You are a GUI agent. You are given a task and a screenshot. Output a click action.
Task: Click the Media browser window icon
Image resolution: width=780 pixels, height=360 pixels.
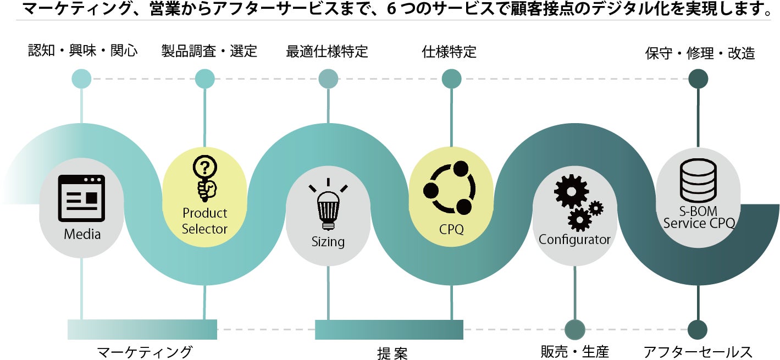81,198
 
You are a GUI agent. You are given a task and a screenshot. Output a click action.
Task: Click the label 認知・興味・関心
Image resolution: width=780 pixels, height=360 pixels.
82,52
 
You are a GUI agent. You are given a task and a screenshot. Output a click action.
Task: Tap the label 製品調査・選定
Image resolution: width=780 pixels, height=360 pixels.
209,52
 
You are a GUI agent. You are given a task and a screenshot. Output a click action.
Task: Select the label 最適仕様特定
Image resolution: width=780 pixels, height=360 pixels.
327,52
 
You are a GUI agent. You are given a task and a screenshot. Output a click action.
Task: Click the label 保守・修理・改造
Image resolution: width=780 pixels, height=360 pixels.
700,53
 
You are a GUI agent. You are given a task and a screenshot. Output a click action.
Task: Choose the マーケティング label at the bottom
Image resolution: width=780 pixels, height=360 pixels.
145,352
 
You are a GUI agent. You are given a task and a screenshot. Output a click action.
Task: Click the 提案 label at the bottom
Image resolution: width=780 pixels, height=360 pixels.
392,353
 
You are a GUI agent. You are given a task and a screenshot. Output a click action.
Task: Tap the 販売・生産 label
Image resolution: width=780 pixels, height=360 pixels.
575,352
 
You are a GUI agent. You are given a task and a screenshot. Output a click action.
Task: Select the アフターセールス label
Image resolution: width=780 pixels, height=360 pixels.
698,352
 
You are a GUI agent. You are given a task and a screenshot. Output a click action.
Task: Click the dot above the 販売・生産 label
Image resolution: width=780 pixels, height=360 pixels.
575,329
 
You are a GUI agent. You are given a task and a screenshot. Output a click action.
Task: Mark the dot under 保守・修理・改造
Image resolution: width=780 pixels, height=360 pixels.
698,79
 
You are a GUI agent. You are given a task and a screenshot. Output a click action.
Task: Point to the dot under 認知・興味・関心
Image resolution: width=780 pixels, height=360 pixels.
82,79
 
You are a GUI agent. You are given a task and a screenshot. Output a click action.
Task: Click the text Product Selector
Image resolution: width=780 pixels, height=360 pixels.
204,221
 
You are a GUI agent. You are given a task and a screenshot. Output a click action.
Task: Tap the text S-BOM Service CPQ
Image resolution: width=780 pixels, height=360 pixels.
699,218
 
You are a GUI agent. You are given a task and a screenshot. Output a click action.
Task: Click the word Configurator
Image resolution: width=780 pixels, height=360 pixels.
574,240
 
